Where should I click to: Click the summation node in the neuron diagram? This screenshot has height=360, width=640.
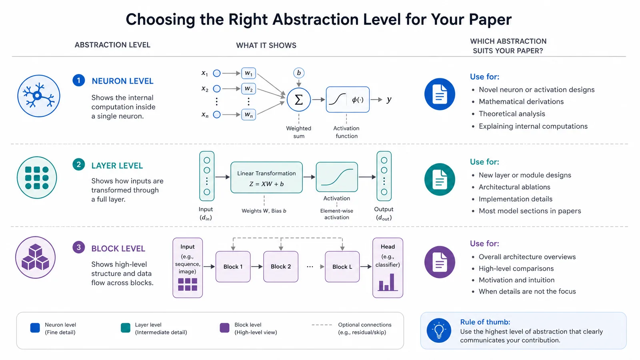point(298,100)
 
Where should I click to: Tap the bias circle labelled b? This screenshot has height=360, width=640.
point(298,73)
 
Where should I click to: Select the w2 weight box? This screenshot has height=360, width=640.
point(248,89)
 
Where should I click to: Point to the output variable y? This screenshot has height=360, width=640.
point(389,100)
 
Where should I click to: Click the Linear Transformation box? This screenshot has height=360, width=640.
point(266,178)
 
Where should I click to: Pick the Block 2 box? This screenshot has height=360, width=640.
point(281,266)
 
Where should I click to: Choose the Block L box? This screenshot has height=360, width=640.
point(342,266)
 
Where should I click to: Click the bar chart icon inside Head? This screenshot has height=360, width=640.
point(388,282)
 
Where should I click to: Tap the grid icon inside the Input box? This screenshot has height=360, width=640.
point(188,284)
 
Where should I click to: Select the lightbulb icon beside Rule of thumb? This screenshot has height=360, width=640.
point(439,330)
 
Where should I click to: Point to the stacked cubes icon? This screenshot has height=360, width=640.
point(36,258)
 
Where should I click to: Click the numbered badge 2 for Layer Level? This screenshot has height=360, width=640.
point(78,164)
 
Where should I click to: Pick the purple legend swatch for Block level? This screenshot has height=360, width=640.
point(224,328)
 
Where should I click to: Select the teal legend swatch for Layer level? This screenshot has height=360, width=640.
point(126,328)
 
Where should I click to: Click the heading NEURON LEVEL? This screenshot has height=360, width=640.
point(122,81)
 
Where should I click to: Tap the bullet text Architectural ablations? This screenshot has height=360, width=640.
point(514,187)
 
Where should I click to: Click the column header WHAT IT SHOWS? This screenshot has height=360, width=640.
point(266,46)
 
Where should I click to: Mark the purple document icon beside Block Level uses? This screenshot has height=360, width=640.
point(440,262)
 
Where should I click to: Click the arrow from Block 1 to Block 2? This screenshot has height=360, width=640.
point(257,266)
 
